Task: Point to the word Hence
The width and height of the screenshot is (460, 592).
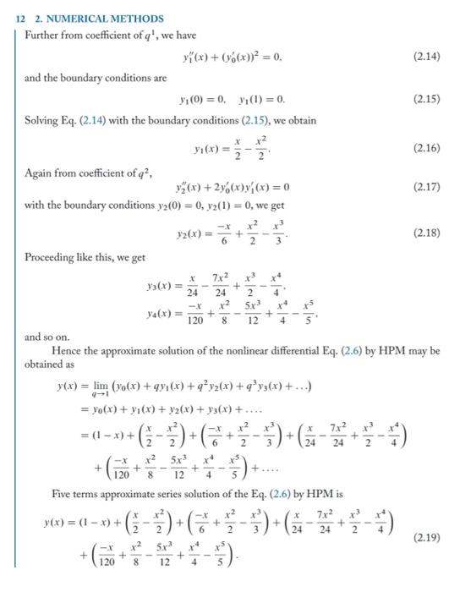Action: [67, 349]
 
